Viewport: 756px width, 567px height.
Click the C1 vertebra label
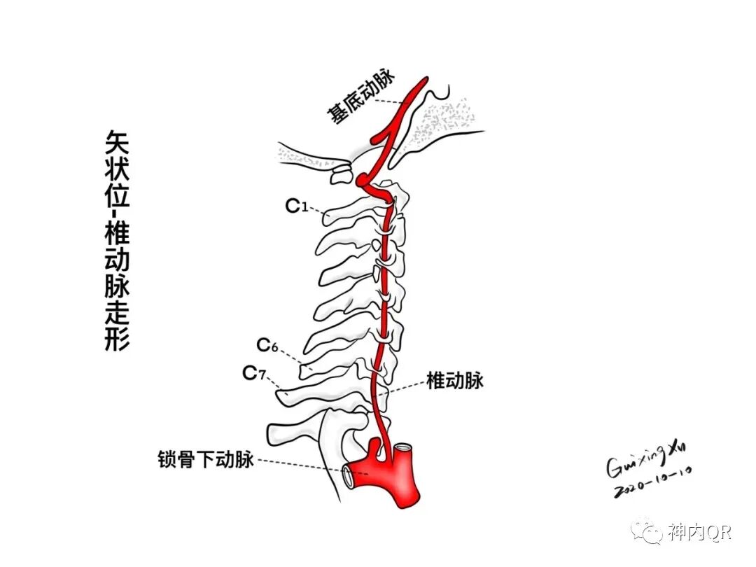click(297, 206)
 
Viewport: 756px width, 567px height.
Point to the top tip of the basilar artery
click(423, 81)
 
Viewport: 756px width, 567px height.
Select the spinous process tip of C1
click(325, 217)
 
